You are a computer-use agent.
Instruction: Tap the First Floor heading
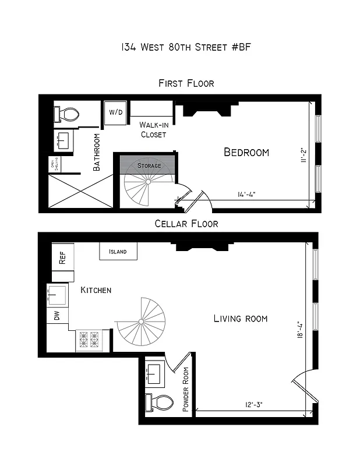point(186,83)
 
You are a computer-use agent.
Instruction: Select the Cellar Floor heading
point(186,224)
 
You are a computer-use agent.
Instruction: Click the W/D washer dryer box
point(115,112)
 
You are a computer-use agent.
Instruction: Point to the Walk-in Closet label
point(153,129)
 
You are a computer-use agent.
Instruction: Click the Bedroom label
point(246,153)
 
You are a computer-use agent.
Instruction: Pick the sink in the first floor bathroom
point(63,140)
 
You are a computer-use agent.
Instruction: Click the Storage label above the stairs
point(149,166)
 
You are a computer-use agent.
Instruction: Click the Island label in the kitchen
point(118,252)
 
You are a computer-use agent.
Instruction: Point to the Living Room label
point(240,319)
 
